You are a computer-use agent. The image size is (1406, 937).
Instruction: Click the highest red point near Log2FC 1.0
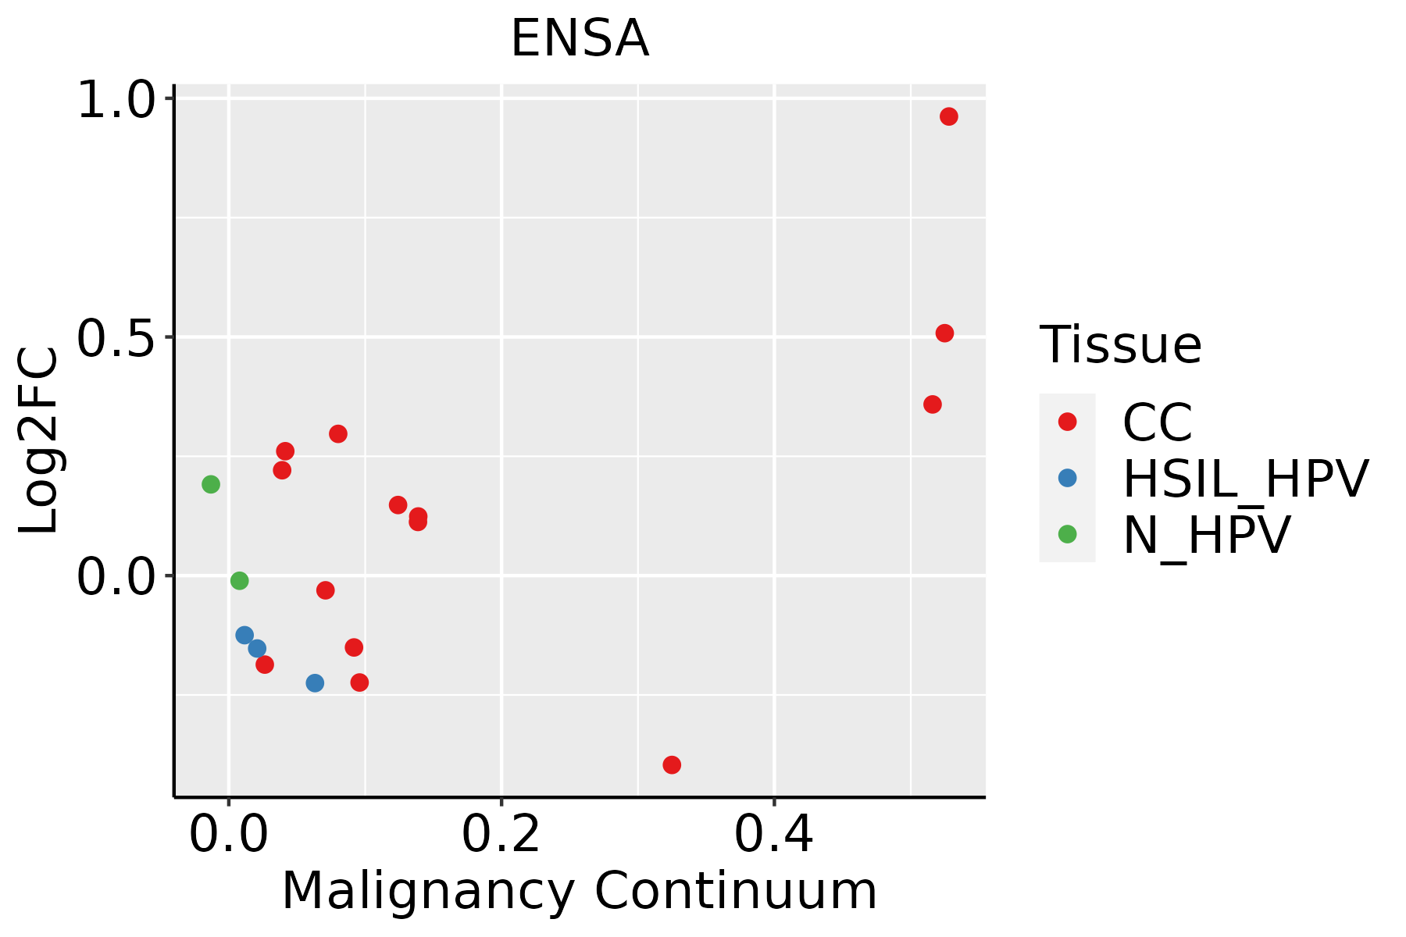coord(949,116)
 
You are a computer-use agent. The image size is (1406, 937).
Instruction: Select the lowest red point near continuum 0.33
coord(672,764)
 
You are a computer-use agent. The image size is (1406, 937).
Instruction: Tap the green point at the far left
coord(211,484)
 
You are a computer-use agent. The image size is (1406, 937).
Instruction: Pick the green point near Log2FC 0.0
coord(240,580)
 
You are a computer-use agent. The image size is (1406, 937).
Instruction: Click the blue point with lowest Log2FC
coord(315,683)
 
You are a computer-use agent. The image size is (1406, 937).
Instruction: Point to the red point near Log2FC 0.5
coord(944,333)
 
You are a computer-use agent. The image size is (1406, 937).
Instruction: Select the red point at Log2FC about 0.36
coord(933,404)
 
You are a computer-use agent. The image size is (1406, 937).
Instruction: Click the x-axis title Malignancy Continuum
coord(580,891)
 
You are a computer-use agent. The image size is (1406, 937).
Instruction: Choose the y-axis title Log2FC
coord(39,441)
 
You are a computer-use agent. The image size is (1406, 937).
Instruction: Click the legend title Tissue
coord(1120,344)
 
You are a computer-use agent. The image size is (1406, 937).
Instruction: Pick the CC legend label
coord(1158,422)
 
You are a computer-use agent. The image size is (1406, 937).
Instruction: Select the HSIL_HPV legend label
coord(1245,479)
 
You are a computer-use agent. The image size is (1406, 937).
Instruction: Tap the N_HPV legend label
coord(1206,535)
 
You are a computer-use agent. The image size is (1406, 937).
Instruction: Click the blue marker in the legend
coord(1067,478)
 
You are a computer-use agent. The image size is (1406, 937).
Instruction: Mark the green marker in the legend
coord(1067,534)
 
